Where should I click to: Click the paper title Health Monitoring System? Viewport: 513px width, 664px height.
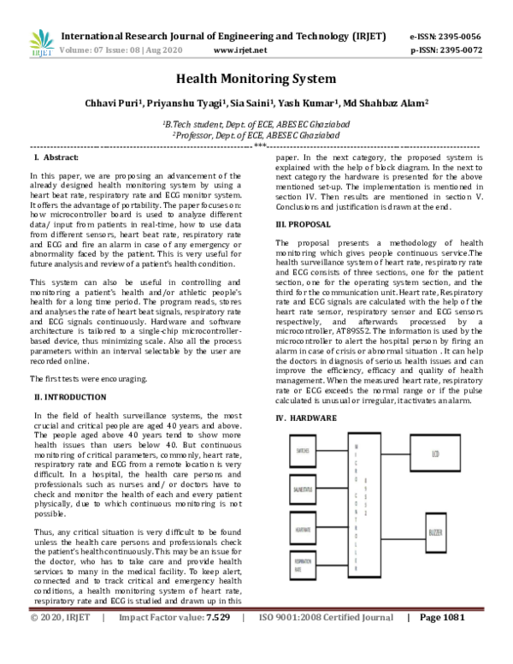(x=256, y=79)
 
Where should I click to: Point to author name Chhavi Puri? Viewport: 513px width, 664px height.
(x=133, y=103)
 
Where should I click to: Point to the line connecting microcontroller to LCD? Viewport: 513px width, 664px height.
(x=389, y=453)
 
